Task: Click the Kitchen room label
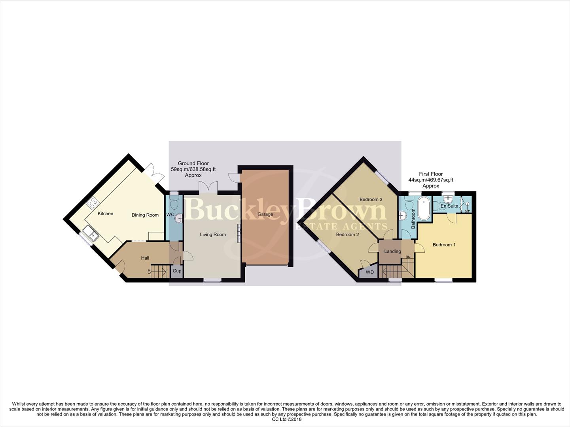(x=105, y=213)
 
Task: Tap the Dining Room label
(x=145, y=215)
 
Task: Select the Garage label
(x=265, y=214)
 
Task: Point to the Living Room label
(x=213, y=234)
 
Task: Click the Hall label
(x=145, y=258)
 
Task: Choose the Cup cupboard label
(x=177, y=271)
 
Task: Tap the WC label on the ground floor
(x=170, y=215)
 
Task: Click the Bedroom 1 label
(x=444, y=245)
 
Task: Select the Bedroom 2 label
(x=347, y=234)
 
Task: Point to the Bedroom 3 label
(x=371, y=199)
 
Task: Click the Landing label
(x=392, y=251)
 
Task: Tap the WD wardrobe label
(x=369, y=272)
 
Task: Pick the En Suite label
(x=449, y=206)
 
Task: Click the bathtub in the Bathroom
(x=424, y=208)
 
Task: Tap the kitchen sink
(x=91, y=234)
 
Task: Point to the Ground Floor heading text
(x=193, y=163)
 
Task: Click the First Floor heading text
(x=431, y=174)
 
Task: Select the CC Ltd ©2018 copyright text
(x=287, y=419)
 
